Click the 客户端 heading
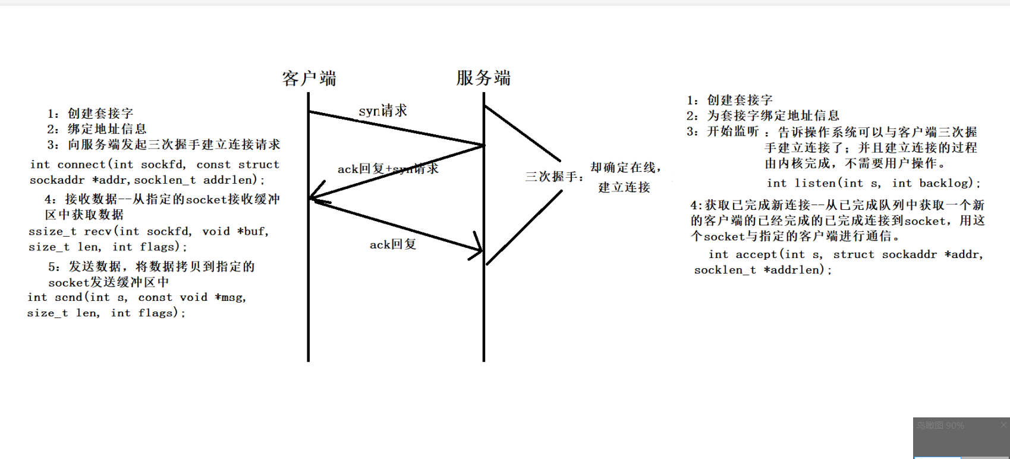pyautogui.click(x=309, y=78)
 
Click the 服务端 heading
pyautogui.click(x=483, y=77)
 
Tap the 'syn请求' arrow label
pyautogui.click(x=383, y=111)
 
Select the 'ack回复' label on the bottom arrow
pyautogui.click(x=393, y=244)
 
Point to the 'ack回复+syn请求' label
pyautogui.click(x=388, y=169)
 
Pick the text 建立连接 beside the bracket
pyautogui.click(x=624, y=187)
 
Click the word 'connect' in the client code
pyautogui.click(x=81, y=165)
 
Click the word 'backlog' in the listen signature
pyautogui.click(x=946, y=183)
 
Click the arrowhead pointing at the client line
pyautogui.click(x=315, y=196)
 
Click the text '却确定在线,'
pyautogui.click(x=625, y=168)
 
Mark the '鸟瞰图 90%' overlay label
pyautogui.click(x=940, y=426)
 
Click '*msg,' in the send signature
pyautogui.click(x=230, y=297)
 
